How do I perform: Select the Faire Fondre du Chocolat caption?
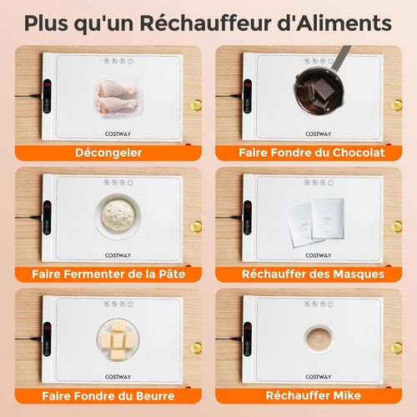pos(311,153)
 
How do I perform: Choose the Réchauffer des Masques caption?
pos(311,273)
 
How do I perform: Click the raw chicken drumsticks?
pos(116,96)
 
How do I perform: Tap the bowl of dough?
pos(117,215)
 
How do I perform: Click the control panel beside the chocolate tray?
pos(248,97)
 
